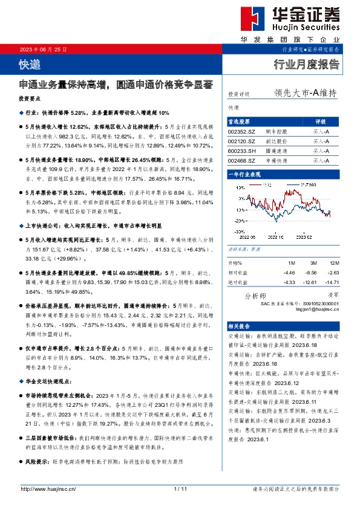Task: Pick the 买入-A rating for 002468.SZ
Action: tap(321, 161)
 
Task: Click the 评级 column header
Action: tap(321, 121)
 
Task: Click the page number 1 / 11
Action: tap(180, 488)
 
